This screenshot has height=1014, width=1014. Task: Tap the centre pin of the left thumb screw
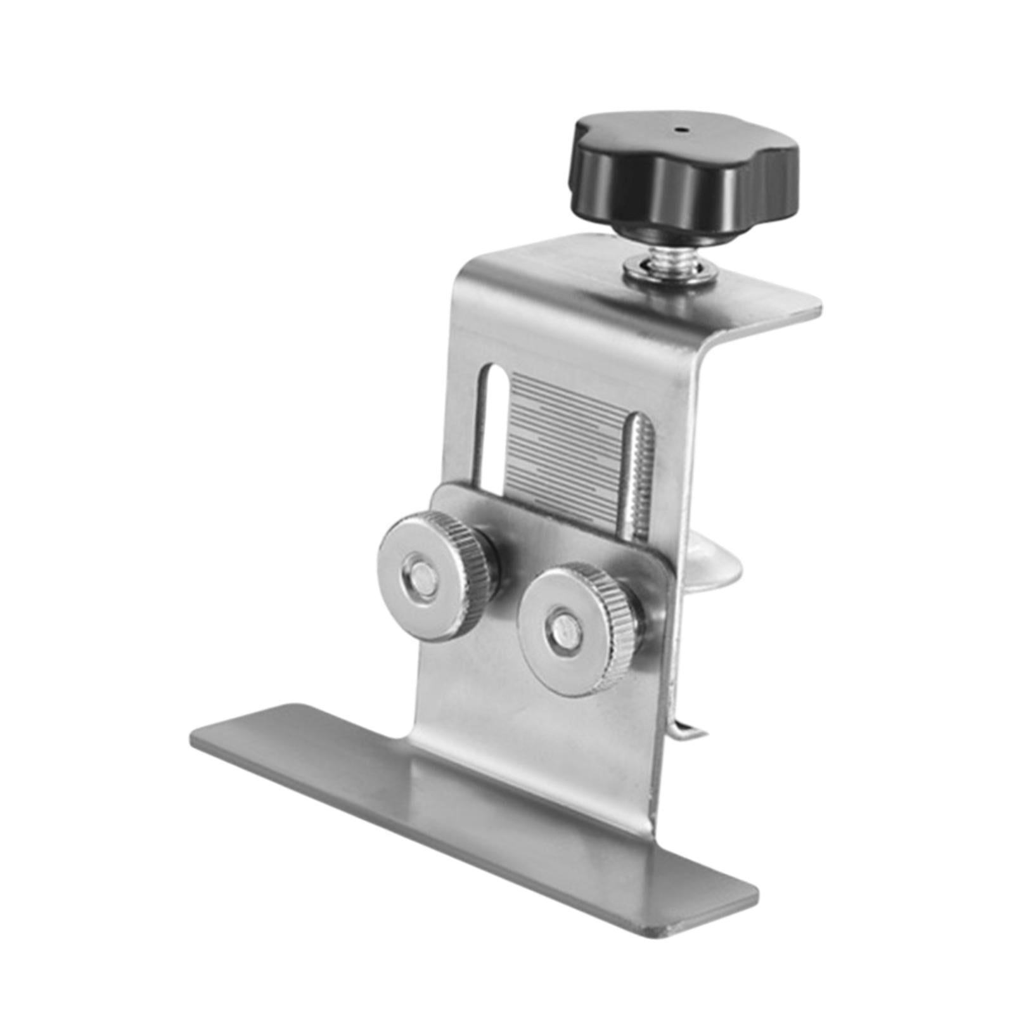pos(418,578)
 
